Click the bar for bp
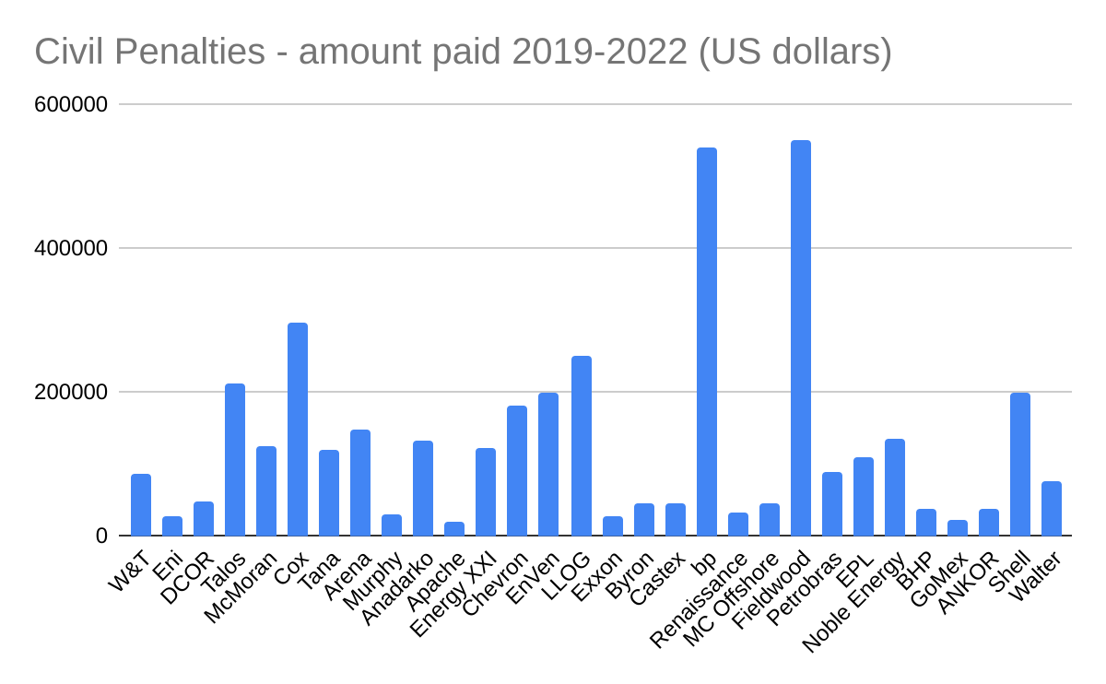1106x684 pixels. (x=707, y=341)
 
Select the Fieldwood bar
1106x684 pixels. (x=801, y=337)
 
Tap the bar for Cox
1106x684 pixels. (x=298, y=429)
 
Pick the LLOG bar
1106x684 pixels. (x=582, y=445)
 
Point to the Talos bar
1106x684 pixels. (x=235, y=459)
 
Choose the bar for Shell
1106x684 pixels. (x=1020, y=464)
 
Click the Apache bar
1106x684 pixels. (x=454, y=528)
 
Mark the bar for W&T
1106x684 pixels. (x=141, y=504)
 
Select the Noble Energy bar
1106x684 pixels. (x=895, y=487)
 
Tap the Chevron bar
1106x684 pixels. (x=517, y=470)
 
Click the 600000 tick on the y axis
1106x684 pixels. (x=71, y=105)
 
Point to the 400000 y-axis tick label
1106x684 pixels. (x=71, y=249)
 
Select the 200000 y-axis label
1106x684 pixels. (x=71, y=393)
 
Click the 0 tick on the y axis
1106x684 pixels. (x=101, y=537)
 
